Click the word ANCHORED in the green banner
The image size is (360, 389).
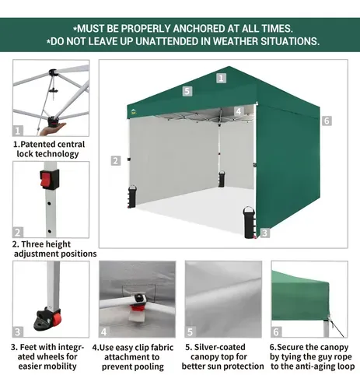(199, 29)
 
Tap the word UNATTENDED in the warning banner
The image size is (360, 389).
(173, 41)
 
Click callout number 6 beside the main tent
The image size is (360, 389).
(327, 121)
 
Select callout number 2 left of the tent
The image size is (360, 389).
(116, 161)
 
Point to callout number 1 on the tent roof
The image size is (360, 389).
(221, 78)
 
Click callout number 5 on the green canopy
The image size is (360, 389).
(187, 91)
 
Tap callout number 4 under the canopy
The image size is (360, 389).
(239, 111)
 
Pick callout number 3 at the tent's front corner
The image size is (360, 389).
(264, 233)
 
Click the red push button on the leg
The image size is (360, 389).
(46, 179)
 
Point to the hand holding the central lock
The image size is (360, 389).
(53, 128)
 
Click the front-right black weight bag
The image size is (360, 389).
(250, 222)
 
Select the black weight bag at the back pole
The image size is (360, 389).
(222, 179)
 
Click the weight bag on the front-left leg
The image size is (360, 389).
(132, 196)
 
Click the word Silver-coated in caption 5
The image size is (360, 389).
(219, 347)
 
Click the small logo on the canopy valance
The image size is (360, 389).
(134, 112)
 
